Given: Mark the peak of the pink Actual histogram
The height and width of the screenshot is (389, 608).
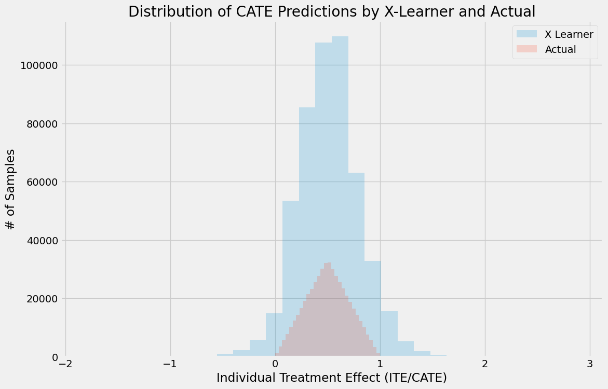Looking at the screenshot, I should pyautogui.click(x=328, y=263).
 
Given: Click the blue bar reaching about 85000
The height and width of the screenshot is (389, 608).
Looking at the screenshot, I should pyautogui.click(x=307, y=233).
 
